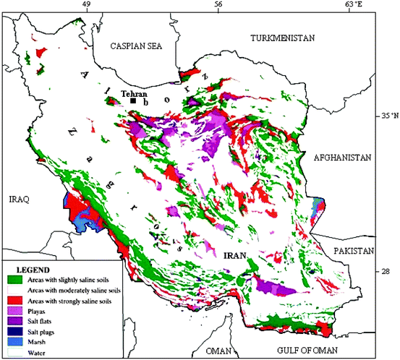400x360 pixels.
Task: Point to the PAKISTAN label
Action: [353, 251]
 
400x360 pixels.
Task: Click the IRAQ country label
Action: [18, 198]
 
